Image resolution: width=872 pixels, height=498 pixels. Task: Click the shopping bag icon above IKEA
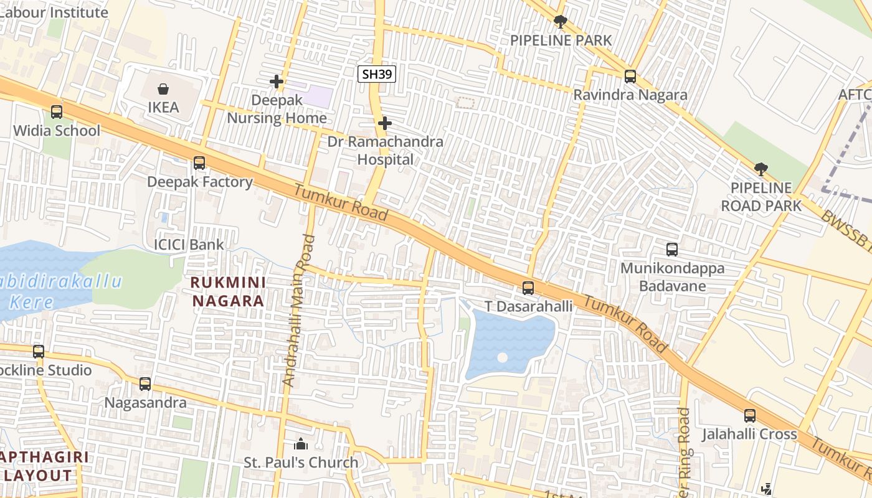pyautogui.click(x=163, y=89)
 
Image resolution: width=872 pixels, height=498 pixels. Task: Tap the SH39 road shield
pyautogui.click(x=377, y=74)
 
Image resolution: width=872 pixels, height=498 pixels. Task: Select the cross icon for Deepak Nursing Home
pyautogui.click(x=277, y=82)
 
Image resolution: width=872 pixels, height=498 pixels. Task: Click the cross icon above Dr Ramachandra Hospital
pyautogui.click(x=385, y=123)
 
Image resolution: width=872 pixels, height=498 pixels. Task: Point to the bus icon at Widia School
pyautogui.click(x=57, y=112)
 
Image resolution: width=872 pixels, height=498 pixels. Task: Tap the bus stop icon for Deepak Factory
pyautogui.click(x=199, y=163)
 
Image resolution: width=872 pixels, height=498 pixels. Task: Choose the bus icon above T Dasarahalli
pyautogui.click(x=528, y=288)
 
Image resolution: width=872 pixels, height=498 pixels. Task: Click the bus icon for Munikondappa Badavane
pyautogui.click(x=672, y=250)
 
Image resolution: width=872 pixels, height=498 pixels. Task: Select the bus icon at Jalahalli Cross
pyautogui.click(x=750, y=416)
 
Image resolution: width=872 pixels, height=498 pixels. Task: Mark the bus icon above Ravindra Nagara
pyautogui.click(x=630, y=77)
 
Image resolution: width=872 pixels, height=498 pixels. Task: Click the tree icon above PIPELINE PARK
pyautogui.click(x=560, y=22)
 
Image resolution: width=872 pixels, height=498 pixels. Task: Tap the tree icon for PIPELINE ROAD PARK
pyautogui.click(x=761, y=169)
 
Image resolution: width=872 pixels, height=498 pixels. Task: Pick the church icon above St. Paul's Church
pyautogui.click(x=301, y=444)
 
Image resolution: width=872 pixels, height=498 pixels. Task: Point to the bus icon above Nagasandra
pyautogui.click(x=145, y=384)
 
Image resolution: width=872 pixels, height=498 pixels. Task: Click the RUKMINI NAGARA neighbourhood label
pyautogui.click(x=228, y=291)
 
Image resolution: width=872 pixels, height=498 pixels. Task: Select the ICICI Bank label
pyautogui.click(x=189, y=244)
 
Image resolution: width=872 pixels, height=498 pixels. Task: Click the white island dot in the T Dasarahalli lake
pyautogui.click(x=503, y=358)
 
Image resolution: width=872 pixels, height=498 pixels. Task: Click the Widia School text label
pyautogui.click(x=57, y=131)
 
